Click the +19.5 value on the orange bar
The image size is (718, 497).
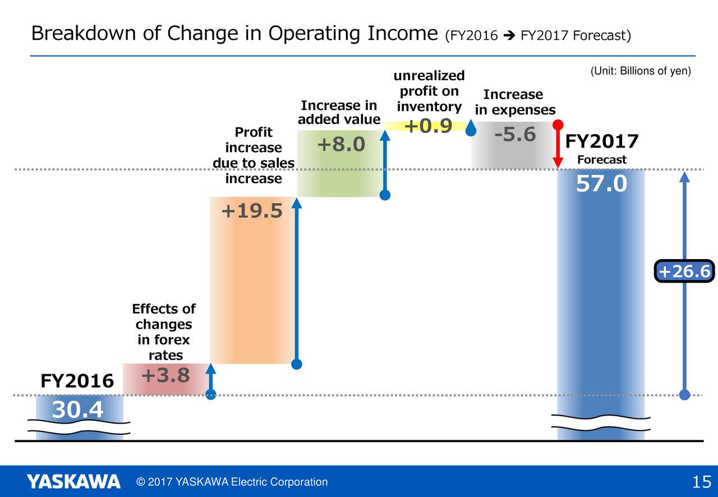coord(252,211)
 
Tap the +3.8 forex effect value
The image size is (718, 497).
coord(165,375)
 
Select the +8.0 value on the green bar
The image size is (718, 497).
coord(341,144)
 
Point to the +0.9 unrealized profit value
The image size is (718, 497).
coord(428,126)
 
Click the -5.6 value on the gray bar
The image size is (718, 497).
coord(515,134)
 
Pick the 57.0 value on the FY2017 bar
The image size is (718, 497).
coord(601,183)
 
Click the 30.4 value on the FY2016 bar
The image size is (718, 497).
coord(77,409)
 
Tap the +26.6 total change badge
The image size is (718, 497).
coord(684,271)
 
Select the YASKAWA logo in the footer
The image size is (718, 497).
coord(73,481)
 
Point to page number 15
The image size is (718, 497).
coord(701,482)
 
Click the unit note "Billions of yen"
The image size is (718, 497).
coord(655,71)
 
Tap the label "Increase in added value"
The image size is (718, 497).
coord(339,112)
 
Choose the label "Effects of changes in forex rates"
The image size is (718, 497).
coord(164,332)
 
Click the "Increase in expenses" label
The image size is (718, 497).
coord(515,102)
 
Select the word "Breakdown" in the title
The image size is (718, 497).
coord(84,33)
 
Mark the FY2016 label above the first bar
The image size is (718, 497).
coord(77,381)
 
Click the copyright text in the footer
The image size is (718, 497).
coord(232,482)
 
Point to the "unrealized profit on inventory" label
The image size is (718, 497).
coord(429,91)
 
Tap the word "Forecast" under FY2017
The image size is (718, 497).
coord(602,159)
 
